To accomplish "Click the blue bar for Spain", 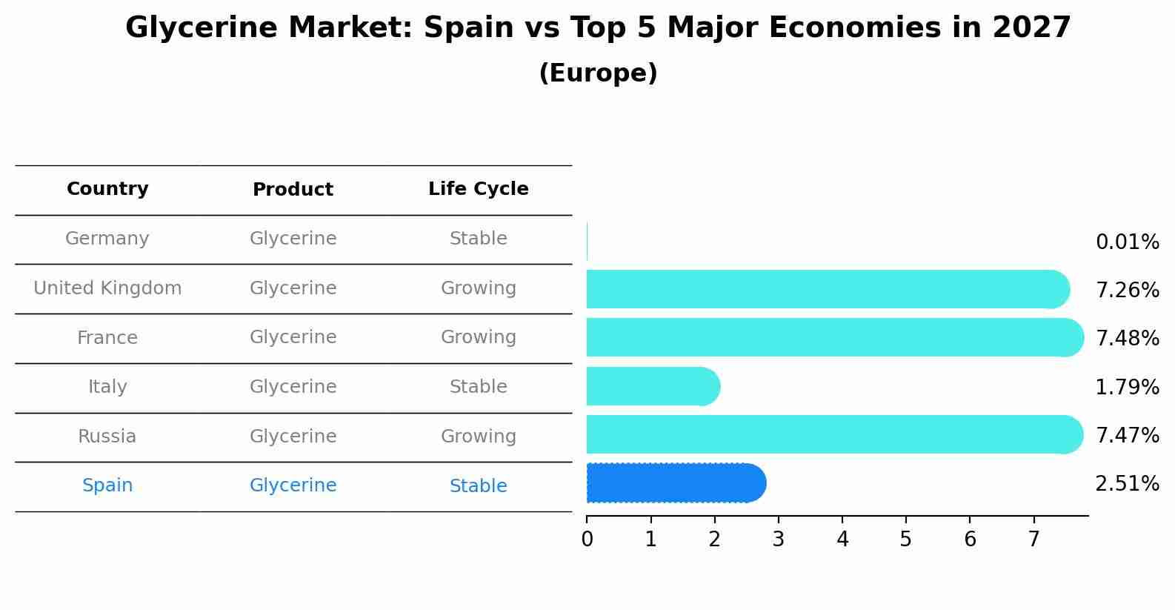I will click(x=674, y=483).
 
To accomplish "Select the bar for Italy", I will click(x=652, y=386).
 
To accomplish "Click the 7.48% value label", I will click(x=1127, y=339).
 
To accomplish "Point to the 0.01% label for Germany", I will click(x=1127, y=242).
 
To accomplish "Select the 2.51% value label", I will click(x=1127, y=484).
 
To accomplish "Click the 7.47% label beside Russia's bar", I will click(x=1127, y=435).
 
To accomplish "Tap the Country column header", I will click(x=107, y=189).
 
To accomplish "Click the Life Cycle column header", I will click(x=478, y=189).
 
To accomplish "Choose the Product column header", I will click(x=293, y=190).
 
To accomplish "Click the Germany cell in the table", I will click(x=107, y=239).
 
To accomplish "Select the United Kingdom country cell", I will click(x=107, y=288).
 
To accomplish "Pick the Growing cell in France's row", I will click(x=478, y=337).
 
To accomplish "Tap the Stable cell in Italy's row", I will click(x=478, y=387).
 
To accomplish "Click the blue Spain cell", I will click(x=107, y=485).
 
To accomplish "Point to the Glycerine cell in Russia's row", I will click(x=293, y=437).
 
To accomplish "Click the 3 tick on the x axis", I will click(x=778, y=540).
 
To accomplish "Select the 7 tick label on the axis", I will click(x=1033, y=540).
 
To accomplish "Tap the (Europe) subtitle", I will click(x=598, y=73).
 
